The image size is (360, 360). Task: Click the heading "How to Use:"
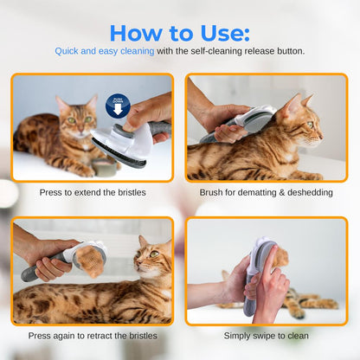tap(179, 32)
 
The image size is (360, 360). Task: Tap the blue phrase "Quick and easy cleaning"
tap(105, 51)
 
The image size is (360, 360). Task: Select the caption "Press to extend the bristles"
tap(93, 192)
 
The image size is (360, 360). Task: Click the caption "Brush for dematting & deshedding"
tap(267, 192)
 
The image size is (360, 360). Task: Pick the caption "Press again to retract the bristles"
tap(93, 335)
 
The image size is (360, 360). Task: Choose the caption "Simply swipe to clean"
tap(267, 335)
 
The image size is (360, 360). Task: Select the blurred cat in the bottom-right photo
tap(303, 300)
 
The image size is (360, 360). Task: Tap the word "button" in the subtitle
tap(288, 51)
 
